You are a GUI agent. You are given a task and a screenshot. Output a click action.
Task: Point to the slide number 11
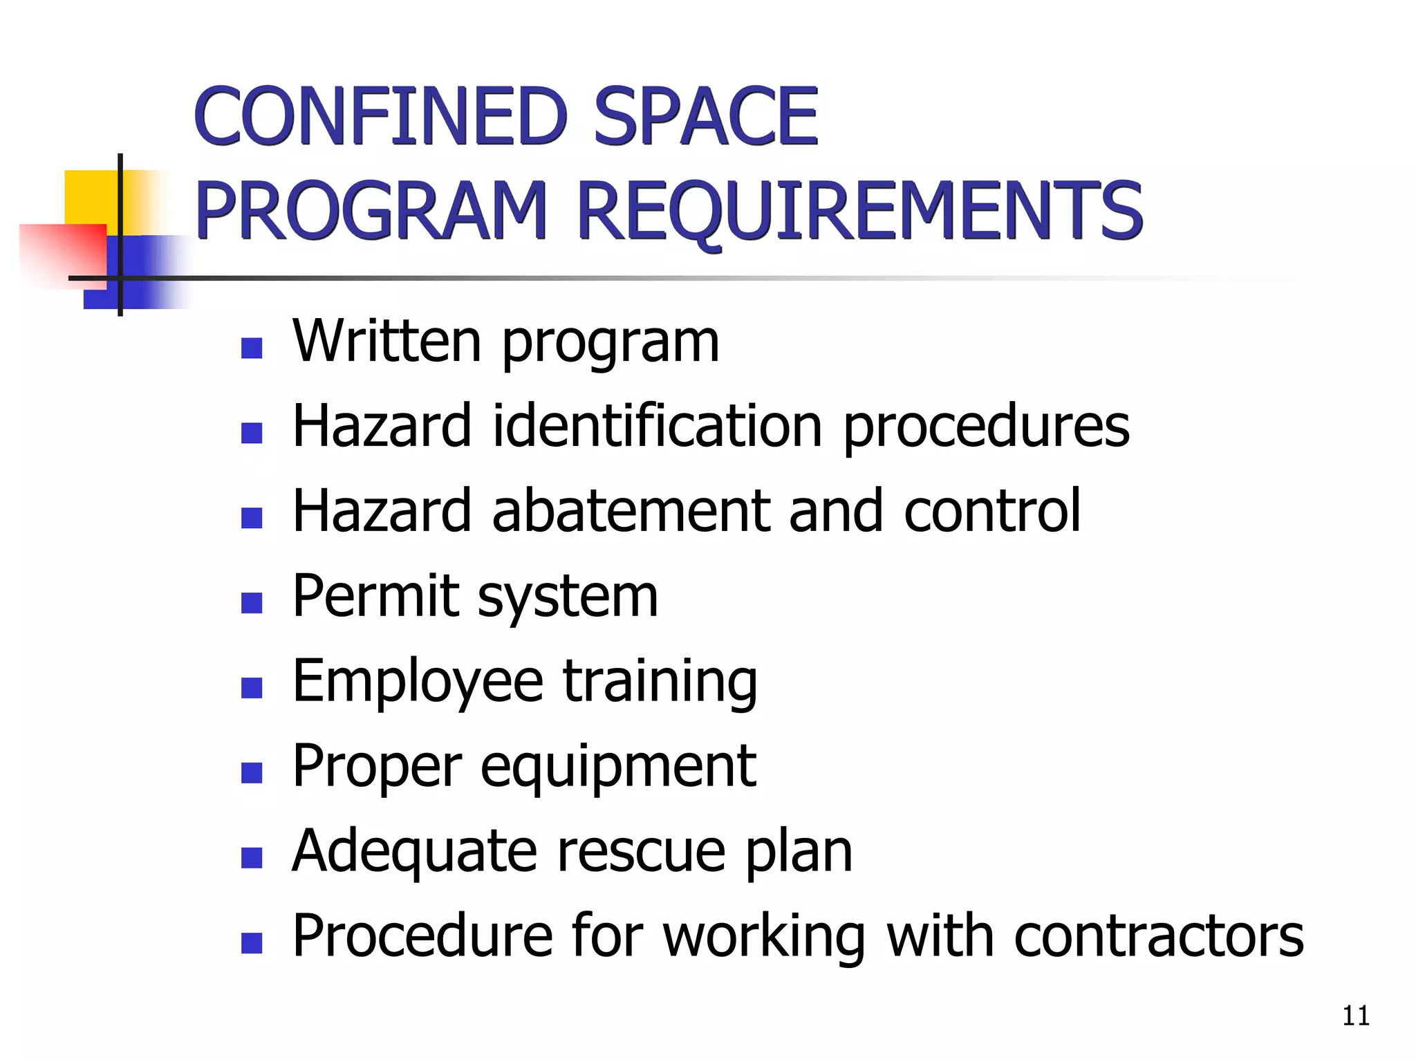(x=1355, y=1016)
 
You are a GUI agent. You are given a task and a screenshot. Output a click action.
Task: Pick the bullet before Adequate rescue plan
(x=252, y=857)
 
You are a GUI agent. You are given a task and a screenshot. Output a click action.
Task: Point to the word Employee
(x=418, y=681)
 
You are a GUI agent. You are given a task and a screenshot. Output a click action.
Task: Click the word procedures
(x=986, y=425)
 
